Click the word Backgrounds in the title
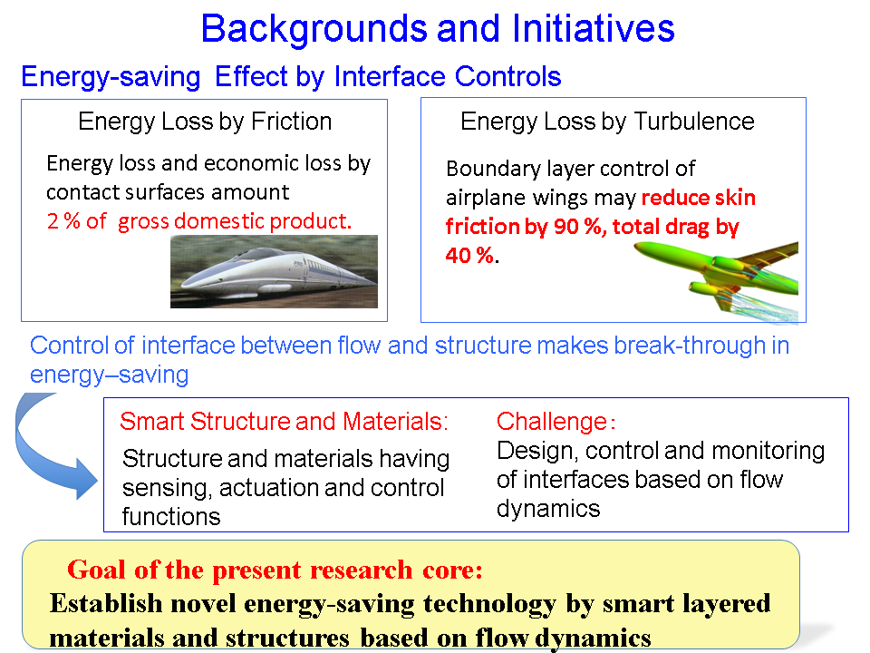pyautogui.click(x=315, y=29)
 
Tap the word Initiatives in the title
pyautogui.click(x=593, y=28)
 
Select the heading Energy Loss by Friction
pyautogui.click(x=205, y=122)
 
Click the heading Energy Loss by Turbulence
pyautogui.click(x=607, y=122)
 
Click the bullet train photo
pyautogui.click(x=274, y=271)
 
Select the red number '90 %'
pyautogui.click(x=577, y=227)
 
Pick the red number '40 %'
pyautogui.click(x=469, y=256)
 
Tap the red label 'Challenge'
pyautogui.click(x=552, y=422)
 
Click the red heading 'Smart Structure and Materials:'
pyautogui.click(x=284, y=422)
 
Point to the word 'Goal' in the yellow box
pyautogui.click(x=97, y=570)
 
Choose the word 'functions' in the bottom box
pyautogui.click(x=171, y=517)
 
